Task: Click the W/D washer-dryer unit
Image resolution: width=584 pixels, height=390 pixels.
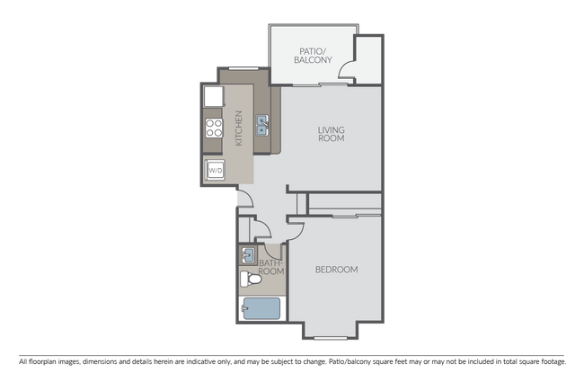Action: pos(215,169)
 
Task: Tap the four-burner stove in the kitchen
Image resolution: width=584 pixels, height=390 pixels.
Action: pos(215,128)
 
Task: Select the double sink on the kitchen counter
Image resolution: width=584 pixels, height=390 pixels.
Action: pos(262,126)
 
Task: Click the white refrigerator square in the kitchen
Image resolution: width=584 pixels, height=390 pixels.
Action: pos(214,95)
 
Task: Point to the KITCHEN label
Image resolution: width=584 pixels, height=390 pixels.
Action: pos(239,128)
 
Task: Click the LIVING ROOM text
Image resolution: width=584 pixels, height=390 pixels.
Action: pos(332,135)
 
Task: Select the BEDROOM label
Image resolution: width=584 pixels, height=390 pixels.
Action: pos(337,270)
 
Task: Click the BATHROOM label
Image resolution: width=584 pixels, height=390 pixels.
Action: pos(271,266)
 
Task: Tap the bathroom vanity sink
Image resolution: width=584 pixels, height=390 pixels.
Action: pos(249,254)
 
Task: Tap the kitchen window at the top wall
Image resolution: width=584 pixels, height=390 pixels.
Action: pos(242,67)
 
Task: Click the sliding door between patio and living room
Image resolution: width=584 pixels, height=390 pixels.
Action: pos(319,84)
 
